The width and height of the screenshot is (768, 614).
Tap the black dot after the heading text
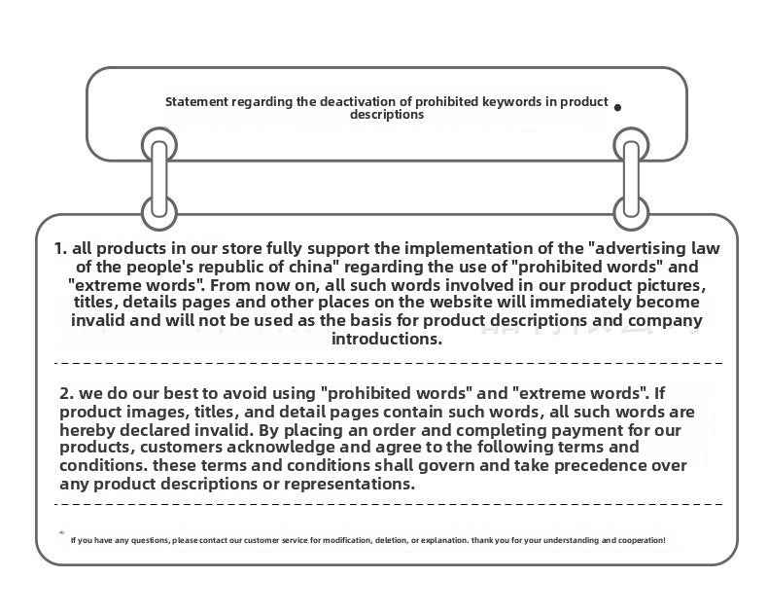(618, 107)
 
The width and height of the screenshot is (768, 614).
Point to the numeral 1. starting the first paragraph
(61, 248)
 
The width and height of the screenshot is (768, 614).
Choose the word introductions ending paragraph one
(387, 339)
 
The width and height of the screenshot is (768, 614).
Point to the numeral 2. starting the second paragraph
(67, 393)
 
